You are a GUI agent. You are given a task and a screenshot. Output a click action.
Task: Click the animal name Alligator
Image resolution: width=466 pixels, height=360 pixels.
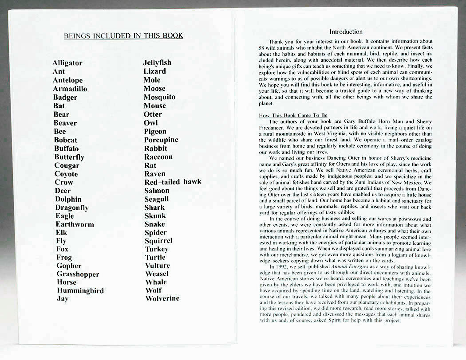pos(67,63)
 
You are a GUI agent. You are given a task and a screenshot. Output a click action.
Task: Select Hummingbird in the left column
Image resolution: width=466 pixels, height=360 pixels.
pos(80,291)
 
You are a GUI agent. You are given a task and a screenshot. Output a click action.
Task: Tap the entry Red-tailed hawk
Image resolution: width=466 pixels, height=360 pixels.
pos(173,182)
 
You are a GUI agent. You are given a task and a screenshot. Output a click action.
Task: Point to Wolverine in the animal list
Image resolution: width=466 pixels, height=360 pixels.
pos(162,298)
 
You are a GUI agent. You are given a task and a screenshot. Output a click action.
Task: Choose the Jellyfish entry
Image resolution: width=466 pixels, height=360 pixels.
pos(157,63)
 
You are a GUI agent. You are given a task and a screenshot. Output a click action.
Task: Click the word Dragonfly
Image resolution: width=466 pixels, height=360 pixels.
pos(71,207)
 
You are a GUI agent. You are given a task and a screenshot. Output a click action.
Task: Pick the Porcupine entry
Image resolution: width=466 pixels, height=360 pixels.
pos(161,140)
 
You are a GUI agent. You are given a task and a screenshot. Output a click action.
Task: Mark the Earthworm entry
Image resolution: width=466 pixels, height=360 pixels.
pos(75,224)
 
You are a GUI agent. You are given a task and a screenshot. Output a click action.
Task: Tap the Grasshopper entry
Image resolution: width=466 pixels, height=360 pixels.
pos(78,274)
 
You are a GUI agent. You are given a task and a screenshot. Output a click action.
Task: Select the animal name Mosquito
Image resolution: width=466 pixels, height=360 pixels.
pos(159,97)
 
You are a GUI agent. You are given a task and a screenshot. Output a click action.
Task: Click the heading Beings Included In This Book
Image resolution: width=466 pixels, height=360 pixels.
pos(123,36)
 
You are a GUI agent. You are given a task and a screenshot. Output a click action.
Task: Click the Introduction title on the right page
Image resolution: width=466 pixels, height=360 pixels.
pos(346,32)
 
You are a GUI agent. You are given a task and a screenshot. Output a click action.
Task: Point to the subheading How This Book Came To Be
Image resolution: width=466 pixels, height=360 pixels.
pos(293,116)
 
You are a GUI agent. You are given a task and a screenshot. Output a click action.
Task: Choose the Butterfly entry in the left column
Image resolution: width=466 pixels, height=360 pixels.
pos(69,157)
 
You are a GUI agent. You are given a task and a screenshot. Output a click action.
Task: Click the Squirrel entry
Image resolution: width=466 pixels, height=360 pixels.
pos(158,241)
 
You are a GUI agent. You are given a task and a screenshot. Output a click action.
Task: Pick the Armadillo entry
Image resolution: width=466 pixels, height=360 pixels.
pos(70,89)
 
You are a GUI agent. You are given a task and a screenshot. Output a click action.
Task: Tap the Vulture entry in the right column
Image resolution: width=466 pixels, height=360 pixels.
pos(157,266)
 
